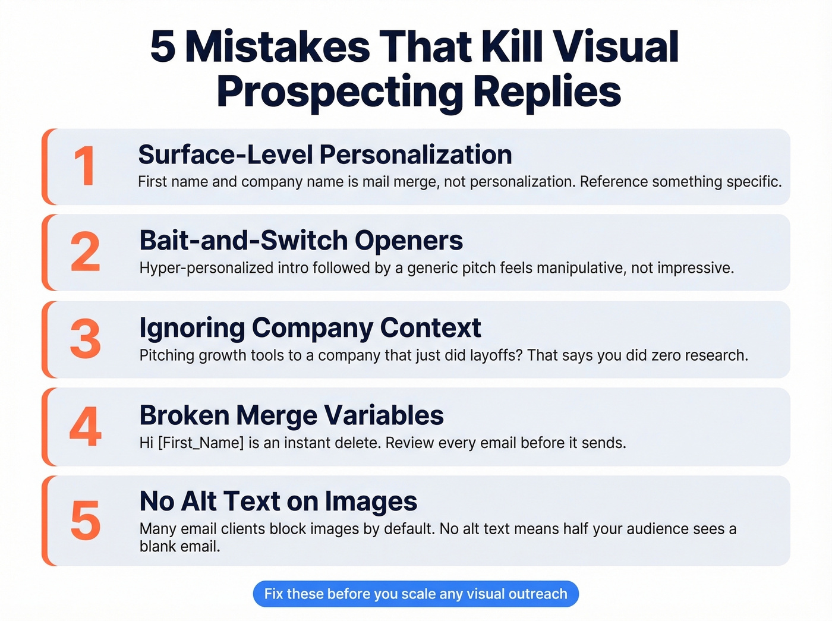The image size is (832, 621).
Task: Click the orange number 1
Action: pyautogui.click(x=85, y=167)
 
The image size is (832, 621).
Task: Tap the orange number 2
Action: pyautogui.click(x=85, y=253)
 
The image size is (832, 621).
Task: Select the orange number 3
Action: pyautogui.click(x=85, y=339)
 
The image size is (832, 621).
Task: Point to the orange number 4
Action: pyautogui.click(x=85, y=427)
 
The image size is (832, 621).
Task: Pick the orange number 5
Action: pyautogui.click(x=85, y=521)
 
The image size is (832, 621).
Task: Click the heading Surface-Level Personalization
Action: pyautogui.click(x=325, y=155)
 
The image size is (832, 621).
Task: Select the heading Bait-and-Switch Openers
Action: pyautogui.click(x=301, y=241)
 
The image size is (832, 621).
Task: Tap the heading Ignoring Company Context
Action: pyautogui.click(x=310, y=328)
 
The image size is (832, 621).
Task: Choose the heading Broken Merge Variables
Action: pyautogui.click(x=291, y=415)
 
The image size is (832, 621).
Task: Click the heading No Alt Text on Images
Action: pyautogui.click(x=278, y=502)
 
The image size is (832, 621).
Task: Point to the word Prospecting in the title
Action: pyautogui.click(x=339, y=92)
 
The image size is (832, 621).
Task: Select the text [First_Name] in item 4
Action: pyautogui.click(x=201, y=443)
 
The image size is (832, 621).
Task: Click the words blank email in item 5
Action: pyautogui.click(x=179, y=546)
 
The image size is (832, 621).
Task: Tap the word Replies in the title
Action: pyautogui.click(x=547, y=92)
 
